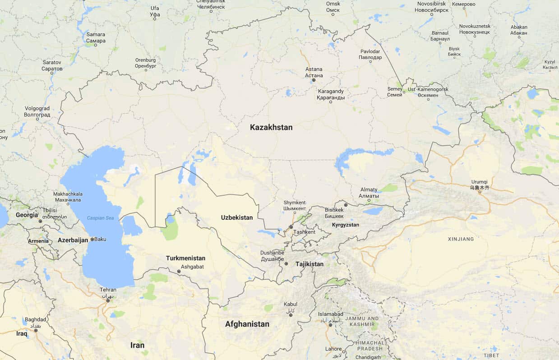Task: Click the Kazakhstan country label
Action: click(271, 128)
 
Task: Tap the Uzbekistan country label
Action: click(237, 217)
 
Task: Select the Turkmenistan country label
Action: click(185, 258)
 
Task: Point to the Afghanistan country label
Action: click(247, 324)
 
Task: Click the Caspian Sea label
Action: click(101, 218)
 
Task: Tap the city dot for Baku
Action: click(92, 240)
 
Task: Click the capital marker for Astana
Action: click(314, 80)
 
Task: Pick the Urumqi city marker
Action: click(480, 192)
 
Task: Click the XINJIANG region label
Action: click(461, 239)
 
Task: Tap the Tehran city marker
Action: click(107, 300)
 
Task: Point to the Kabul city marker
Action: click(291, 315)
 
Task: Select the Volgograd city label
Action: click(37, 111)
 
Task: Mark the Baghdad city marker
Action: click(36, 330)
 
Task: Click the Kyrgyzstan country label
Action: click(346, 225)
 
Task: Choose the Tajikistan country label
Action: click(310, 264)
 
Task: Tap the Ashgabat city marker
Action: click(179, 272)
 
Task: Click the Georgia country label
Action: click(27, 215)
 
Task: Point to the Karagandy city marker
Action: click(331, 102)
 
